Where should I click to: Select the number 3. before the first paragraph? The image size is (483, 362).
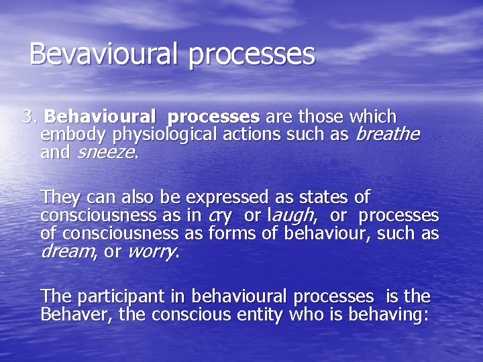(x=30, y=117)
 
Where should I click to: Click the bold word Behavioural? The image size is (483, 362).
(x=101, y=117)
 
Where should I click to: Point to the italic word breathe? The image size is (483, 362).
(x=387, y=134)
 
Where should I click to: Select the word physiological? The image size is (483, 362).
(x=165, y=135)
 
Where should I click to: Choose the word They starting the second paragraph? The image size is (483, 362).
(x=61, y=198)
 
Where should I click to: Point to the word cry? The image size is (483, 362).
(x=221, y=216)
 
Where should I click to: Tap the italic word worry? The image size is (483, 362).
(x=152, y=252)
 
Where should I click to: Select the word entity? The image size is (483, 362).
(x=262, y=314)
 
